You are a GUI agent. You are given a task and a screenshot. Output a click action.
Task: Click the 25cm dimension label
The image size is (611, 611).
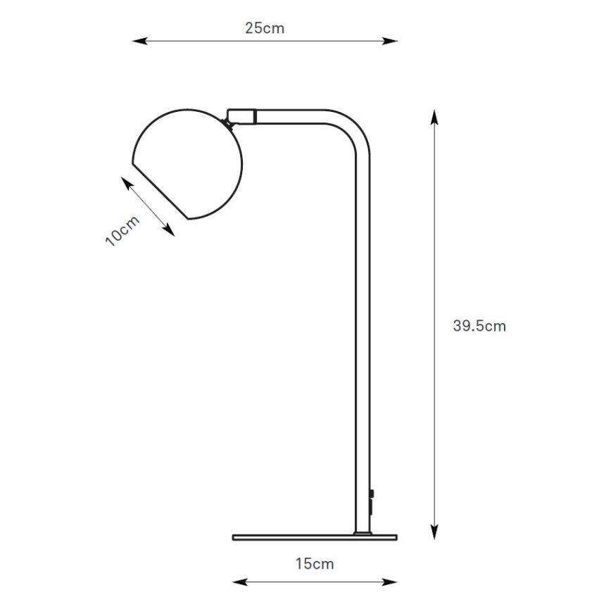pos(265,28)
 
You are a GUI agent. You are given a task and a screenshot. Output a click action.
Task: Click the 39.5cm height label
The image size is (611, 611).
pos(479,326)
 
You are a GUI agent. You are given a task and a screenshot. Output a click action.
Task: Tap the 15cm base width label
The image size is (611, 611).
pos(315,563)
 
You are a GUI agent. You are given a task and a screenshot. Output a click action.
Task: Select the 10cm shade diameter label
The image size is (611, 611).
pos(122,229)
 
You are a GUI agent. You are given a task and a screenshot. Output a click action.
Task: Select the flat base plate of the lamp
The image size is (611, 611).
pos(315,537)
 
